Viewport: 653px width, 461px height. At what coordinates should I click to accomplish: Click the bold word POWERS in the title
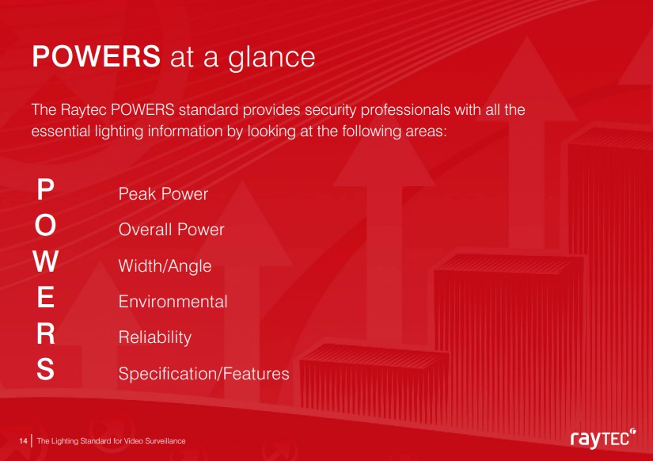(97, 56)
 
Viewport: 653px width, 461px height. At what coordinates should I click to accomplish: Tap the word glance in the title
(271, 59)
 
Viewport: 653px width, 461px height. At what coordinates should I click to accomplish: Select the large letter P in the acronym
(46, 189)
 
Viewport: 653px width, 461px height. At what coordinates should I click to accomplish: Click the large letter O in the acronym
(45, 225)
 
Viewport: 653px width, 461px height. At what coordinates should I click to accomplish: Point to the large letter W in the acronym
(46, 261)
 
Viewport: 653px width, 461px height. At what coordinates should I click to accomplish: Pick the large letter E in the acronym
(46, 297)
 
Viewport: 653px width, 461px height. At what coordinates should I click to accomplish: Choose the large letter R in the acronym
(46, 333)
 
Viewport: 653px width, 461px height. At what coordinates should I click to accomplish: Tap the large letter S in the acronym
(45, 369)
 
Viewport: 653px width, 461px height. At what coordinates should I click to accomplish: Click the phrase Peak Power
(163, 194)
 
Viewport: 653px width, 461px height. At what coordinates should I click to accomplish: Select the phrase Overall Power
(171, 230)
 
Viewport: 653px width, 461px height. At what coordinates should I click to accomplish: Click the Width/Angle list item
(165, 266)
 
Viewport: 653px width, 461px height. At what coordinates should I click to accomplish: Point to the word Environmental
(173, 301)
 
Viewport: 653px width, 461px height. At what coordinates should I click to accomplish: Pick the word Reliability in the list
(155, 337)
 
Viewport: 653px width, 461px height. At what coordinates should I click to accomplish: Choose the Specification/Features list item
(203, 373)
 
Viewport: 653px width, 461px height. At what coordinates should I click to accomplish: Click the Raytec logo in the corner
(603, 439)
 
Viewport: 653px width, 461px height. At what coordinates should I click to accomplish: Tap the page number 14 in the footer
(23, 441)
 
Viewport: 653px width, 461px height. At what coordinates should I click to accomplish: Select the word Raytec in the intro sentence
(84, 110)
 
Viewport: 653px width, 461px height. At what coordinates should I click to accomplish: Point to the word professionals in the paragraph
(405, 110)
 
